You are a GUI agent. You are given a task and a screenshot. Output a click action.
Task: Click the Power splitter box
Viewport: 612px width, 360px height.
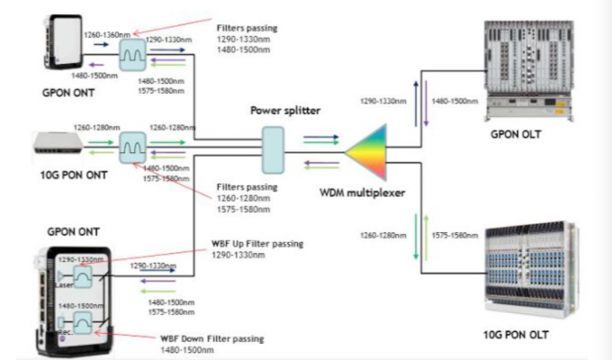273,148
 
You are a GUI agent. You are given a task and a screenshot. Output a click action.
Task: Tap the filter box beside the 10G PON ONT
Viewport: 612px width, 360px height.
134,144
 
